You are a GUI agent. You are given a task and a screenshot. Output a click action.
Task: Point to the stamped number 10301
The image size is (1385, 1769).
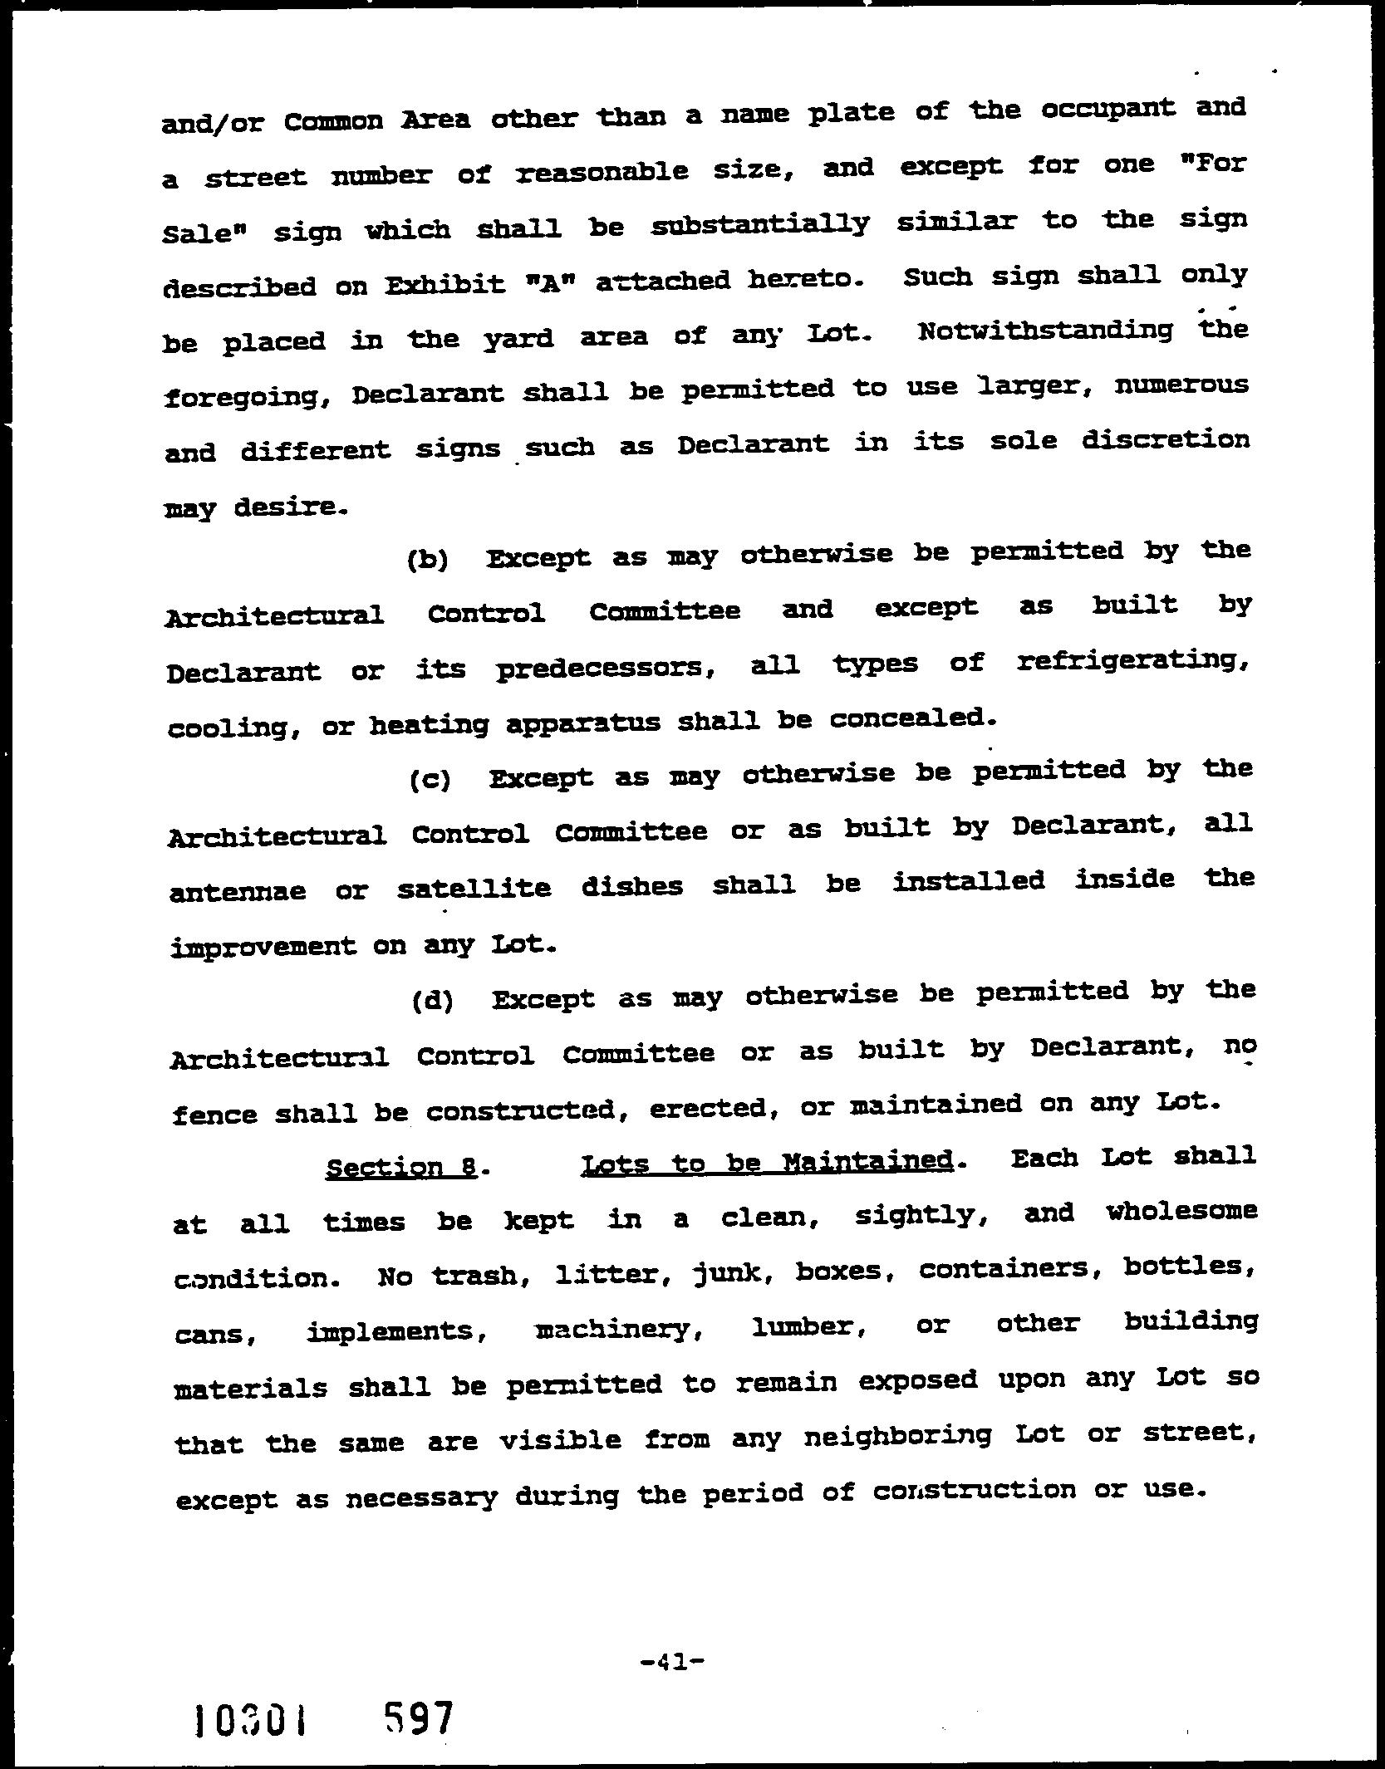(249, 1721)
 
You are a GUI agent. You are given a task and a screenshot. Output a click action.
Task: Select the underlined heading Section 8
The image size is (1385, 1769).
(401, 1168)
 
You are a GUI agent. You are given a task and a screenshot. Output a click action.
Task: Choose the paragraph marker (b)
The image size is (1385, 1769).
(428, 560)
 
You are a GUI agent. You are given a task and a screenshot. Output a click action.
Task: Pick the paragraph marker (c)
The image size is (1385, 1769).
(430, 780)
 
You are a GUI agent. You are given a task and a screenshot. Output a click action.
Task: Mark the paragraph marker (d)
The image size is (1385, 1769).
(432, 1001)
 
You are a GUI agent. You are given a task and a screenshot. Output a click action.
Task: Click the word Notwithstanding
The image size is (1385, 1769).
(1046, 331)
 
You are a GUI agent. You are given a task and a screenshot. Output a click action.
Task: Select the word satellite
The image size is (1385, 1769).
(474, 889)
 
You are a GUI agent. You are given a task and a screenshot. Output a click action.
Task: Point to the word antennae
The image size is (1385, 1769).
(238, 892)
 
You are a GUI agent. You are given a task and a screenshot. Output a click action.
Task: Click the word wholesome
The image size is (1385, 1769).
(1181, 1212)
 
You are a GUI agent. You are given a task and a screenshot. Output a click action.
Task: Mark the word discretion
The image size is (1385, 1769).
(1165, 439)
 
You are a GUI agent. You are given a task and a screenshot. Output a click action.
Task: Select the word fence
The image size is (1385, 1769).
(214, 1115)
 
